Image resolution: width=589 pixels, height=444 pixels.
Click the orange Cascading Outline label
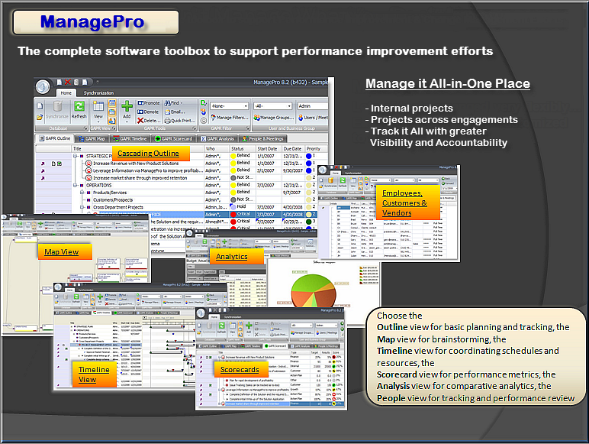148,154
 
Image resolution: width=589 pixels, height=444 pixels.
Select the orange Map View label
60,251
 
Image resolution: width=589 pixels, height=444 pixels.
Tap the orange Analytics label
232,257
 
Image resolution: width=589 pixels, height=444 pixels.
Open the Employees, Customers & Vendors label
404,203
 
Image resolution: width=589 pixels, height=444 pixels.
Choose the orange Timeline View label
94,374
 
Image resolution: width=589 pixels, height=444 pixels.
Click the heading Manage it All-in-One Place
447,83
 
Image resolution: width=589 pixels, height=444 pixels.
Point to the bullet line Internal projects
410,108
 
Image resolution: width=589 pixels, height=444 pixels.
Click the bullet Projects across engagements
442,119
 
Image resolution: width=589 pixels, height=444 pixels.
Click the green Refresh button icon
79,109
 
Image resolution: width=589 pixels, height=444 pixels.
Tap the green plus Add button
127,108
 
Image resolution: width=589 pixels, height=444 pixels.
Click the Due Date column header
290,148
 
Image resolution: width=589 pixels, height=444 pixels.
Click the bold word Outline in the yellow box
392,326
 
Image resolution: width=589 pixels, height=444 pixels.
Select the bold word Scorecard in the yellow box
402,374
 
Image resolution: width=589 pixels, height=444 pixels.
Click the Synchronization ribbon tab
98,92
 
